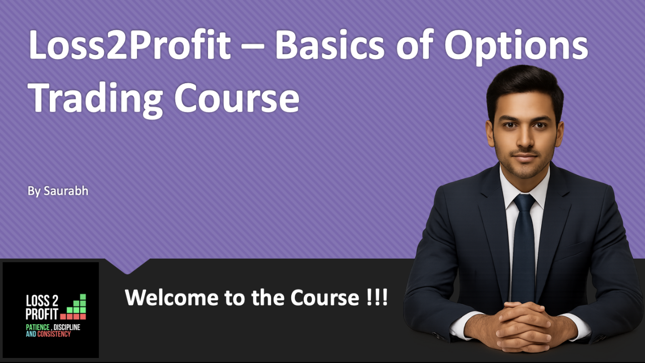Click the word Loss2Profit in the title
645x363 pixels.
point(130,45)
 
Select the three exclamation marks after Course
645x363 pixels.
point(377,297)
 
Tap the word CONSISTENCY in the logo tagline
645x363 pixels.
point(54,334)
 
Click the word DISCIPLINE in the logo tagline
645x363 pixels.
point(65,327)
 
